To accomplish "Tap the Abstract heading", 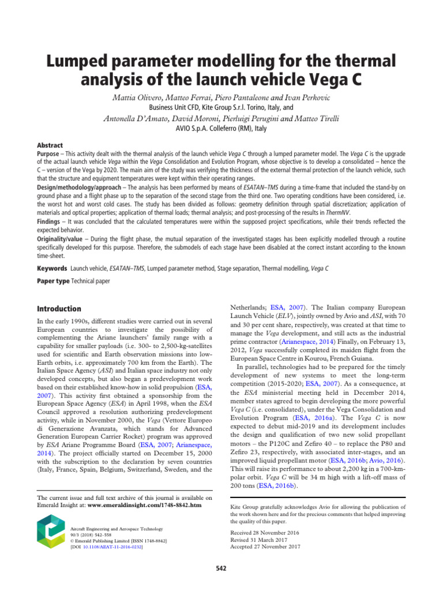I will click(50, 145).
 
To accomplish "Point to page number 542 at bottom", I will click(221, 568).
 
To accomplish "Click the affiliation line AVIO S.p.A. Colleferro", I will click(221, 129).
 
